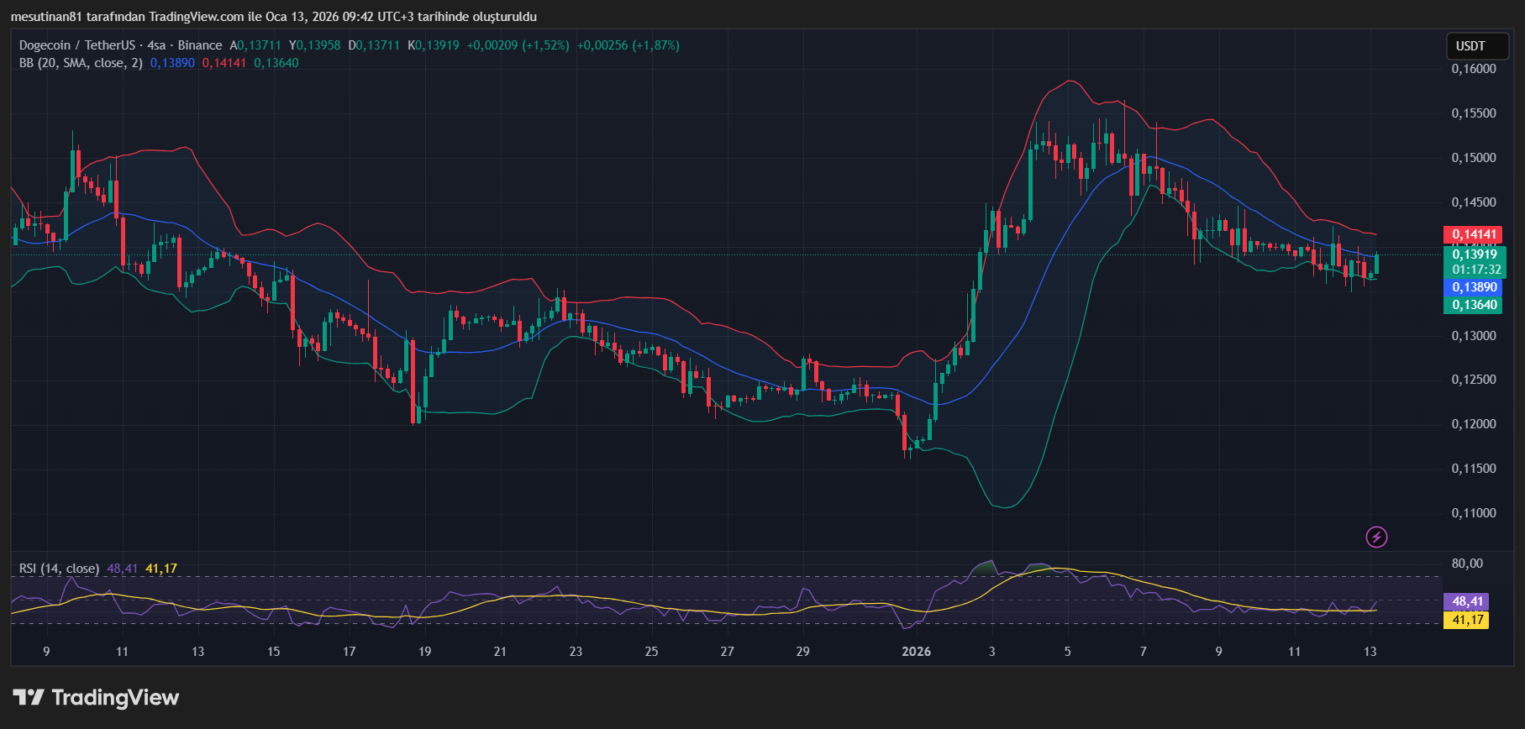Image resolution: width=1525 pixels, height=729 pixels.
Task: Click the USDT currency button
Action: pos(1470,46)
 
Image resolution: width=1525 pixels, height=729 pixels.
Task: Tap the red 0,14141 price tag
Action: pos(1474,235)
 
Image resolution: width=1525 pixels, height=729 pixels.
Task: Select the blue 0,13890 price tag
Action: pos(1474,287)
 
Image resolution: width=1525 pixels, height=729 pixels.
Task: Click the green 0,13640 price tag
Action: pos(1474,305)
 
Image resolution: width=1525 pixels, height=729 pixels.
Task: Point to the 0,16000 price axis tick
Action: pos(1474,69)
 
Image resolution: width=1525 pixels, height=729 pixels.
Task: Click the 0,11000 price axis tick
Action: pos(1474,513)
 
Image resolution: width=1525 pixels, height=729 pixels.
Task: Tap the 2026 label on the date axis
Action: pos(916,652)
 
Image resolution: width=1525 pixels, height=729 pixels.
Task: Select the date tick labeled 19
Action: pos(424,652)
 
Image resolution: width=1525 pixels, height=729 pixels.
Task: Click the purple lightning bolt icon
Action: pos(1376,537)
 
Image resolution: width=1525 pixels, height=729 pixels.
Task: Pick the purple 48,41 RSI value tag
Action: pos(1466,601)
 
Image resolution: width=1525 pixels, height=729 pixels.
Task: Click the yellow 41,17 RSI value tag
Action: pos(1466,620)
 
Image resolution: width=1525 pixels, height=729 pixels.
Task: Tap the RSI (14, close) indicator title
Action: pos(59,569)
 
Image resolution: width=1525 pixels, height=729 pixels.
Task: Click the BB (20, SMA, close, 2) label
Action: pos(81,63)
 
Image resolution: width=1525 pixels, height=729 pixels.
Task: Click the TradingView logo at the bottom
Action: pos(96,698)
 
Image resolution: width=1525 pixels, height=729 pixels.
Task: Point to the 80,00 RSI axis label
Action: pos(1467,564)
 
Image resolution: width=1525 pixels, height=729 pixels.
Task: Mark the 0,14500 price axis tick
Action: pos(1474,202)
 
